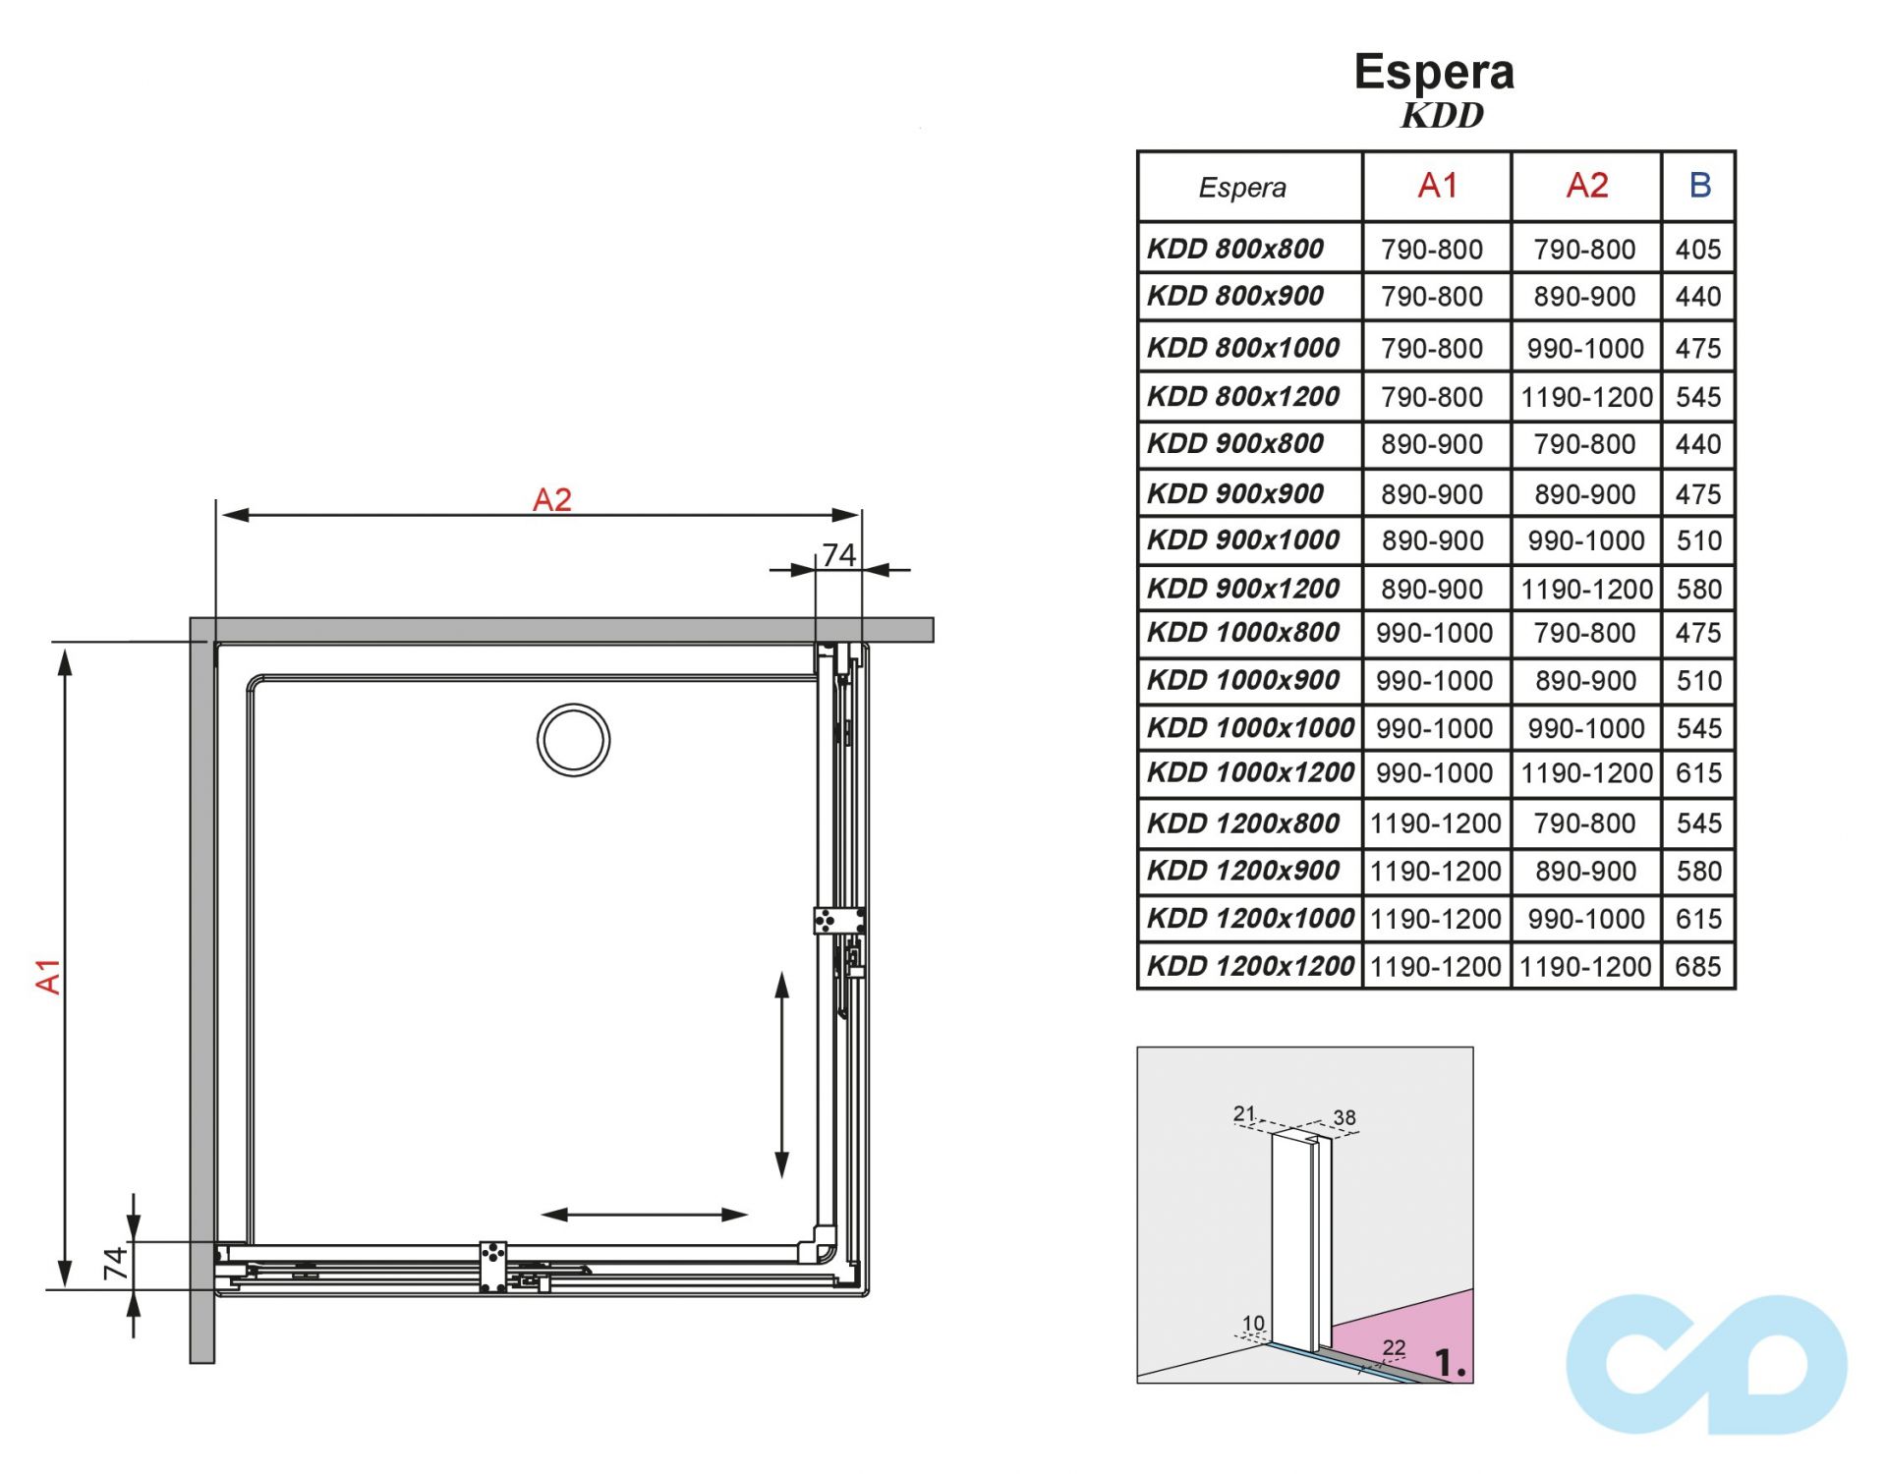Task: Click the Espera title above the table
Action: tap(1433, 72)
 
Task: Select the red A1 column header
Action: tap(1437, 186)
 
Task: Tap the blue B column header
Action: tap(1699, 186)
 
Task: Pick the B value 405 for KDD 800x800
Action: tap(1697, 250)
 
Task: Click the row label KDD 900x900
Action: tap(1235, 493)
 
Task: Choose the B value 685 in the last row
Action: tap(1697, 967)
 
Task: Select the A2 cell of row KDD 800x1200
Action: tap(1586, 397)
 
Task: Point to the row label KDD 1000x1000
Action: tap(1250, 728)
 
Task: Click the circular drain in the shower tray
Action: tap(573, 740)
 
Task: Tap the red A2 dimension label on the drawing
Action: tap(551, 499)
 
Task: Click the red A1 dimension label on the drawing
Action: tap(48, 976)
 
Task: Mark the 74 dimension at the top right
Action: tap(838, 555)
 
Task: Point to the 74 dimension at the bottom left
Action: tap(116, 1264)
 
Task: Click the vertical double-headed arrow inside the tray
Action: tap(782, 1075)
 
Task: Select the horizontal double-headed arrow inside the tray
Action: tap(644, 1215)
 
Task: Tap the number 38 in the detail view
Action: tap(1344, 1117)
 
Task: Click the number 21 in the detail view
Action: tap(1244, 1113)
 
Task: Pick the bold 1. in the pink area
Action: tap(1450, 1363)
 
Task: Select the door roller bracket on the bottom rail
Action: tap(492, 1267)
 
